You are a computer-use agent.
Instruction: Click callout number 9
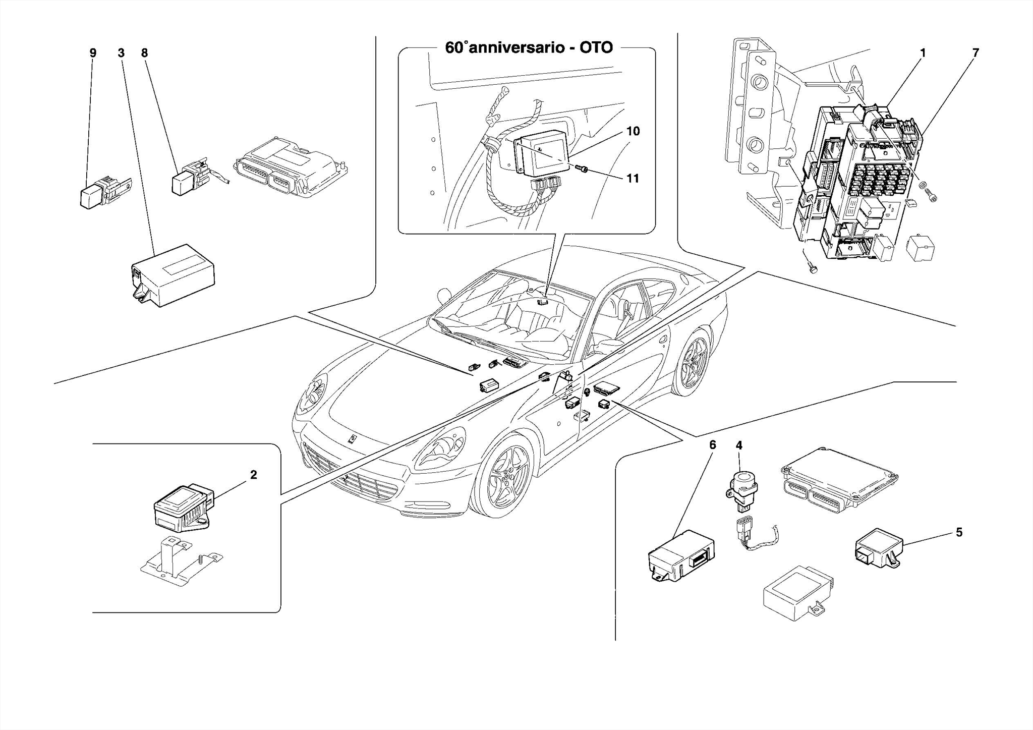(93, 53)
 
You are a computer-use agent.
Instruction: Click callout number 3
(121, 53)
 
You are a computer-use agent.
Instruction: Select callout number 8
(145, 53)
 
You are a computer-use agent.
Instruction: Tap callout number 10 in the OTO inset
(633, 131)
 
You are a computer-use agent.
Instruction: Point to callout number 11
(633, 178)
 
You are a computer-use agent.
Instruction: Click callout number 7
(975, 53)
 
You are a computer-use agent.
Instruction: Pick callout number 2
(254, 475)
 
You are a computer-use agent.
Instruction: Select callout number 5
(959, 532)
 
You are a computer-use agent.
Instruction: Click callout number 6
(712, 445)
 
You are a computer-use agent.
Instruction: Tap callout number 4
(739, 445)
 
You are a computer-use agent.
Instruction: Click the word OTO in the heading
(596, 48)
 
